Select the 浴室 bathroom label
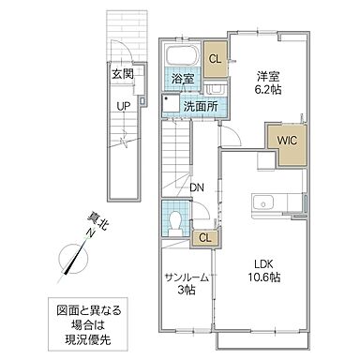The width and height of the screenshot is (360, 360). (181, 82)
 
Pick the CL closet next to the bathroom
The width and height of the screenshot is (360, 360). (215, 59)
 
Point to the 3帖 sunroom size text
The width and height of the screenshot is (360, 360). (187, 292)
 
